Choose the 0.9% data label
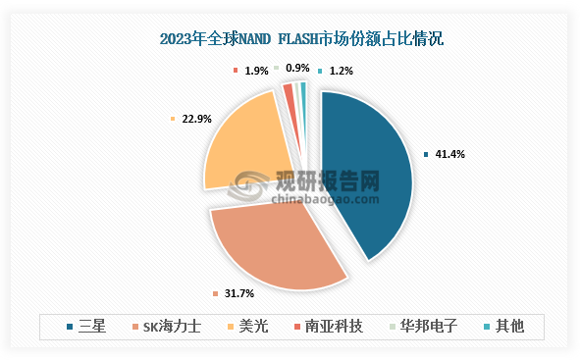[297, 69]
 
